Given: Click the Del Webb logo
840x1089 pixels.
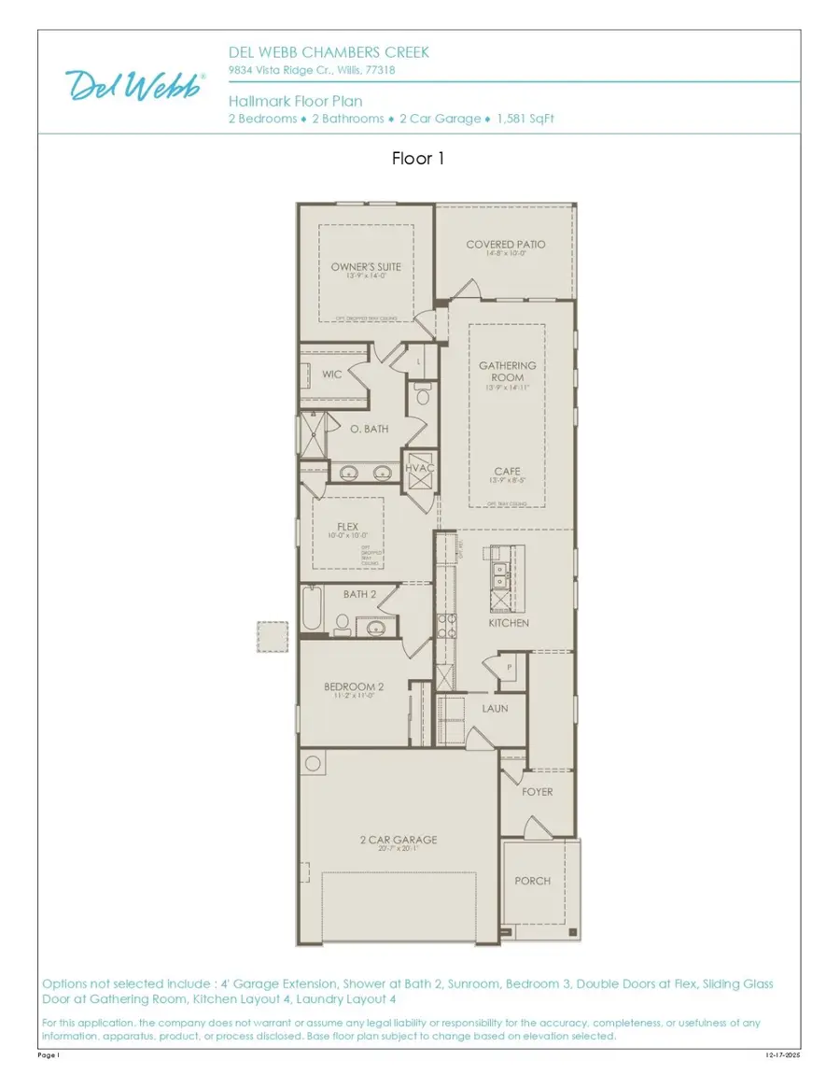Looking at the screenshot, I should tap(136, 86).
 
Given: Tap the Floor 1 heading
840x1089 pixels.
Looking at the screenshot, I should tap(418, 159).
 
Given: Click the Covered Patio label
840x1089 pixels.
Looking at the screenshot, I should tap(506, 245).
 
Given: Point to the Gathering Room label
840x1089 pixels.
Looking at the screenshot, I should tap(508, 372).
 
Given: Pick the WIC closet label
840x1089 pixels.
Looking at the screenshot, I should tap(332, 374).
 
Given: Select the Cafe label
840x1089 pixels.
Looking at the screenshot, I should tap(508, 472).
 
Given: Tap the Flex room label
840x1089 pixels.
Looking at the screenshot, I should tap(347, 527).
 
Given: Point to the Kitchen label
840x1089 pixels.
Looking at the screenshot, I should tap(509, 622).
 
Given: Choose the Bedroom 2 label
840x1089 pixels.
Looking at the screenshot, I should tap(354, 686).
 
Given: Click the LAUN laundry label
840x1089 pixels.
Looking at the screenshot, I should tap(495, 708).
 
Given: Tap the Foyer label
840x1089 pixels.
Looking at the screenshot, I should tap(537, 792).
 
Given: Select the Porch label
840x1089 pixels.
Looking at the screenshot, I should tap(533, 881).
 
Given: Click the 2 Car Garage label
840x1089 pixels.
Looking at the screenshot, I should tap(399, 840).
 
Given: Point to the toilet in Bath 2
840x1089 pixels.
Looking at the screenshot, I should tap(342, 623).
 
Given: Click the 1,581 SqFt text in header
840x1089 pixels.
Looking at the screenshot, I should tap(526, 119).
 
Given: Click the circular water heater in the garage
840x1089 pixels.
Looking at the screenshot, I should tap(313, 761).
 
